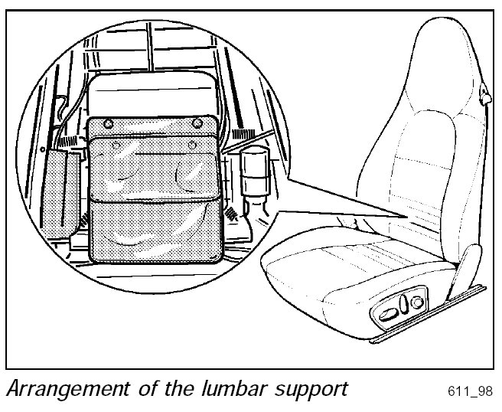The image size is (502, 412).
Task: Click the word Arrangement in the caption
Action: [56, 388]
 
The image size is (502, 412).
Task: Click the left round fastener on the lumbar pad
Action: [108, 123]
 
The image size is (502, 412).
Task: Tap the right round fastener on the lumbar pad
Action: [198, 123]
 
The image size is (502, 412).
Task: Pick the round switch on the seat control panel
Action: [416, 303]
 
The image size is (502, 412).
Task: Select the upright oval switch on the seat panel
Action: [401, 305]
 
